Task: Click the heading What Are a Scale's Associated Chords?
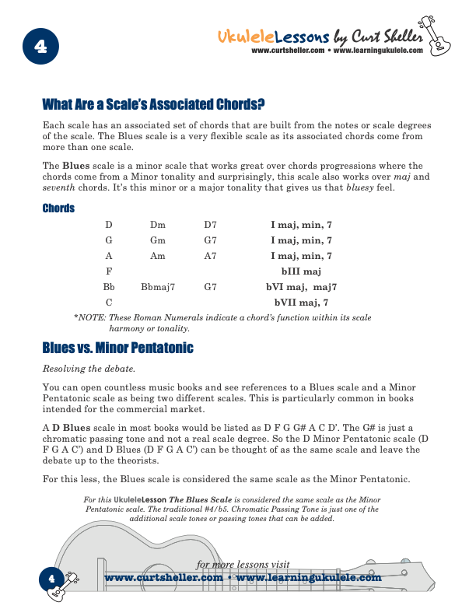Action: [153, 104]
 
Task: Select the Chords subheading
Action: [58, 208]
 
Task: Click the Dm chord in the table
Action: [158, 226]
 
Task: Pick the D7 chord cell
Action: [210, 226]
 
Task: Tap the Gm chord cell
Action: [158, 241]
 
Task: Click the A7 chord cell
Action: [210, 256]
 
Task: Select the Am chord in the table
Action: [158, 256]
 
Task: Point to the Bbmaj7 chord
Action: [158, 287]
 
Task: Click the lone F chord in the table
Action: [109, 271]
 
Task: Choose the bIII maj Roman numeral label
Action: [301, 271]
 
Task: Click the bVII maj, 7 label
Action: [301, 302]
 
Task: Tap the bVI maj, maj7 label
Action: [301, 287]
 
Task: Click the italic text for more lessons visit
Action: [243, 565]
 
